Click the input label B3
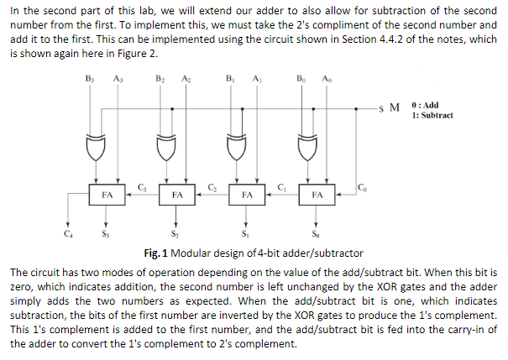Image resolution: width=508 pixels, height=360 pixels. point(91,80)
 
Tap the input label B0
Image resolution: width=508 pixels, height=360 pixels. point(301,80)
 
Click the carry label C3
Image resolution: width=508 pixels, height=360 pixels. point(141,185)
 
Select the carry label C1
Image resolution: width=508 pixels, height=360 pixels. point(281,185)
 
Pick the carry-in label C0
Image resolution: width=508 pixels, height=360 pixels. point(361,185)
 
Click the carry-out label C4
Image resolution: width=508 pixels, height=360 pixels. point(67,234)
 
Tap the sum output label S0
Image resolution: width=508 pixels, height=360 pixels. point(315,234)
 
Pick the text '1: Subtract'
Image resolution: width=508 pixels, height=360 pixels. point(432,115)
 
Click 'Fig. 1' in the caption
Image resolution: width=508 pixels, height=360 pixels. point(155,253)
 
